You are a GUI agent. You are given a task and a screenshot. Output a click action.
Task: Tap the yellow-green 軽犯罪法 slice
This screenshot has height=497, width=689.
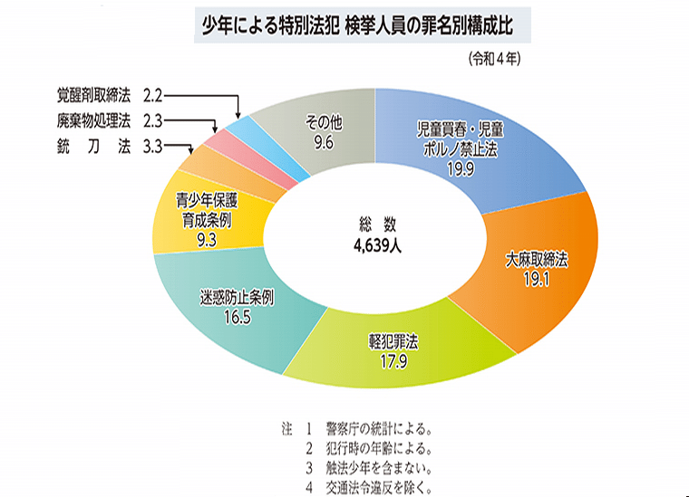coord(399,353)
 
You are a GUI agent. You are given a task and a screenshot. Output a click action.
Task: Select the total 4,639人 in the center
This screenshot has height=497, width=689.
coord(377,244)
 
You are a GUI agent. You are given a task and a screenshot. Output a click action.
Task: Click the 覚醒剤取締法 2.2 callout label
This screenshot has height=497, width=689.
coord(108,93)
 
